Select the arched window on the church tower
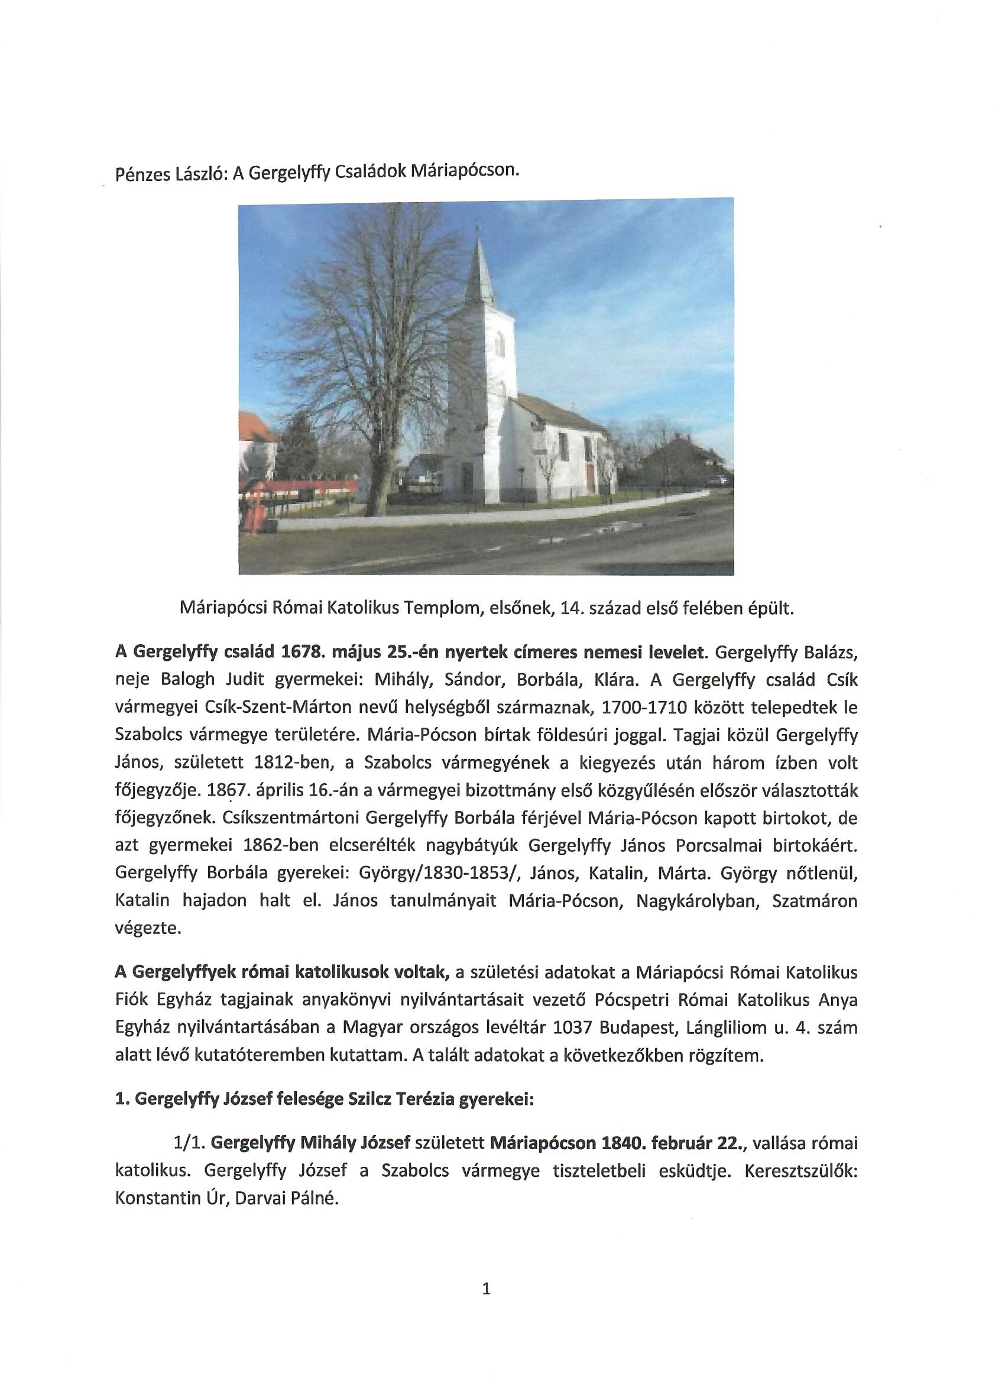pyautogui.click(x=499, y=343)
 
